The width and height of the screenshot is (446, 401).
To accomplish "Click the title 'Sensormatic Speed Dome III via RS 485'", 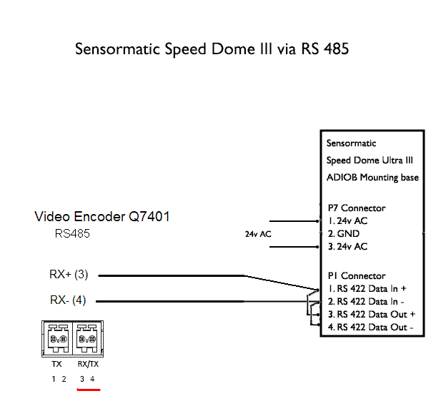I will tap(212, 50).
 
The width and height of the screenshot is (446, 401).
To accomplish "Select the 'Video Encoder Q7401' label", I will tap(102, 216).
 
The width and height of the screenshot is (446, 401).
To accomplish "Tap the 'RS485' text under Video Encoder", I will tap(72, 233).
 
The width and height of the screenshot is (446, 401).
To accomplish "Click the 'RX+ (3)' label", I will tap(69, 275).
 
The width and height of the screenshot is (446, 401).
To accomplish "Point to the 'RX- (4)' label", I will tap(68, 300).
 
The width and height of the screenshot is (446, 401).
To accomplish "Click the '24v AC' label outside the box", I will tap(257, 234).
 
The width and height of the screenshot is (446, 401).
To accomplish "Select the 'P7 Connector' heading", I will tap(356, 208).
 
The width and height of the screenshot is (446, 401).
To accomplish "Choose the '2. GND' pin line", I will tap(344, 233).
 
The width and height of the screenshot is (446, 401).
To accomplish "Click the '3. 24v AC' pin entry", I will tap(348, 247).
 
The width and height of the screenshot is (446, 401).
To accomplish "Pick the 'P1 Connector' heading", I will tap(356, 275).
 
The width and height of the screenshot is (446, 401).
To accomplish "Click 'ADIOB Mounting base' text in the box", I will tap(372, 177).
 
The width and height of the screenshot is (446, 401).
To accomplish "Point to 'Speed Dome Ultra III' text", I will tap(370, 160).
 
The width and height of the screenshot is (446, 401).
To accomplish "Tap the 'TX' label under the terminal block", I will tap(57, 364).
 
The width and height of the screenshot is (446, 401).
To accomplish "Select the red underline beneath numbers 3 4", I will tap(88, 390).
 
